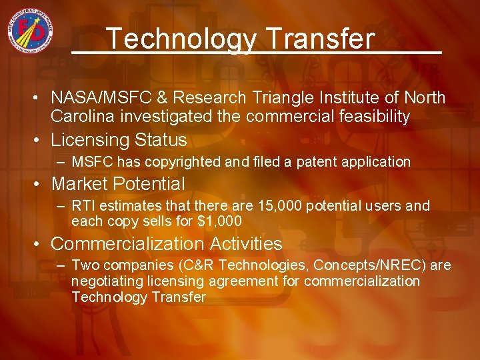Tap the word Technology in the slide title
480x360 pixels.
coord(180,39)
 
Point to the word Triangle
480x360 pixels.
coord(280,98)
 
